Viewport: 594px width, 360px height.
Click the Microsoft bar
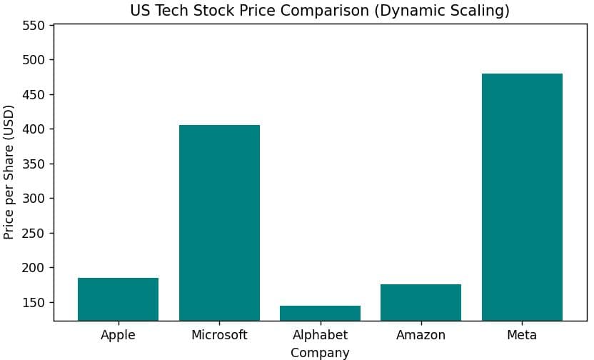pyautogui.click(x=219, y=222)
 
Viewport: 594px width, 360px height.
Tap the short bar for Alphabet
pyautogui.click(x=320, y=313)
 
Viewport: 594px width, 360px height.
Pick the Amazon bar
pyautogui.click(x=421, y=302)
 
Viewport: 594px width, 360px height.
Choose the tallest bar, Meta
pyautogui.click(x=522, y=196)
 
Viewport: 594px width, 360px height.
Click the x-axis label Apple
pyautogui.click(x=118, y=335)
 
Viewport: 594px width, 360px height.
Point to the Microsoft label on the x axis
pyautogui.click(x=219, y=335)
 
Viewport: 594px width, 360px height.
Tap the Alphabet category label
pyautogui.click(x=320, y=335)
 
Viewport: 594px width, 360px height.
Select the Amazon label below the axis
pyautogui.click(x=421, y=335)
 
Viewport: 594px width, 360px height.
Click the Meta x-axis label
pyautogui.click(x=522, y=335)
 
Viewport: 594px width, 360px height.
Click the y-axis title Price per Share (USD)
pyautogui.click(x=9, y=172)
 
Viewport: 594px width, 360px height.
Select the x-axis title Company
pyautogui.click(x=320, y=353)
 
